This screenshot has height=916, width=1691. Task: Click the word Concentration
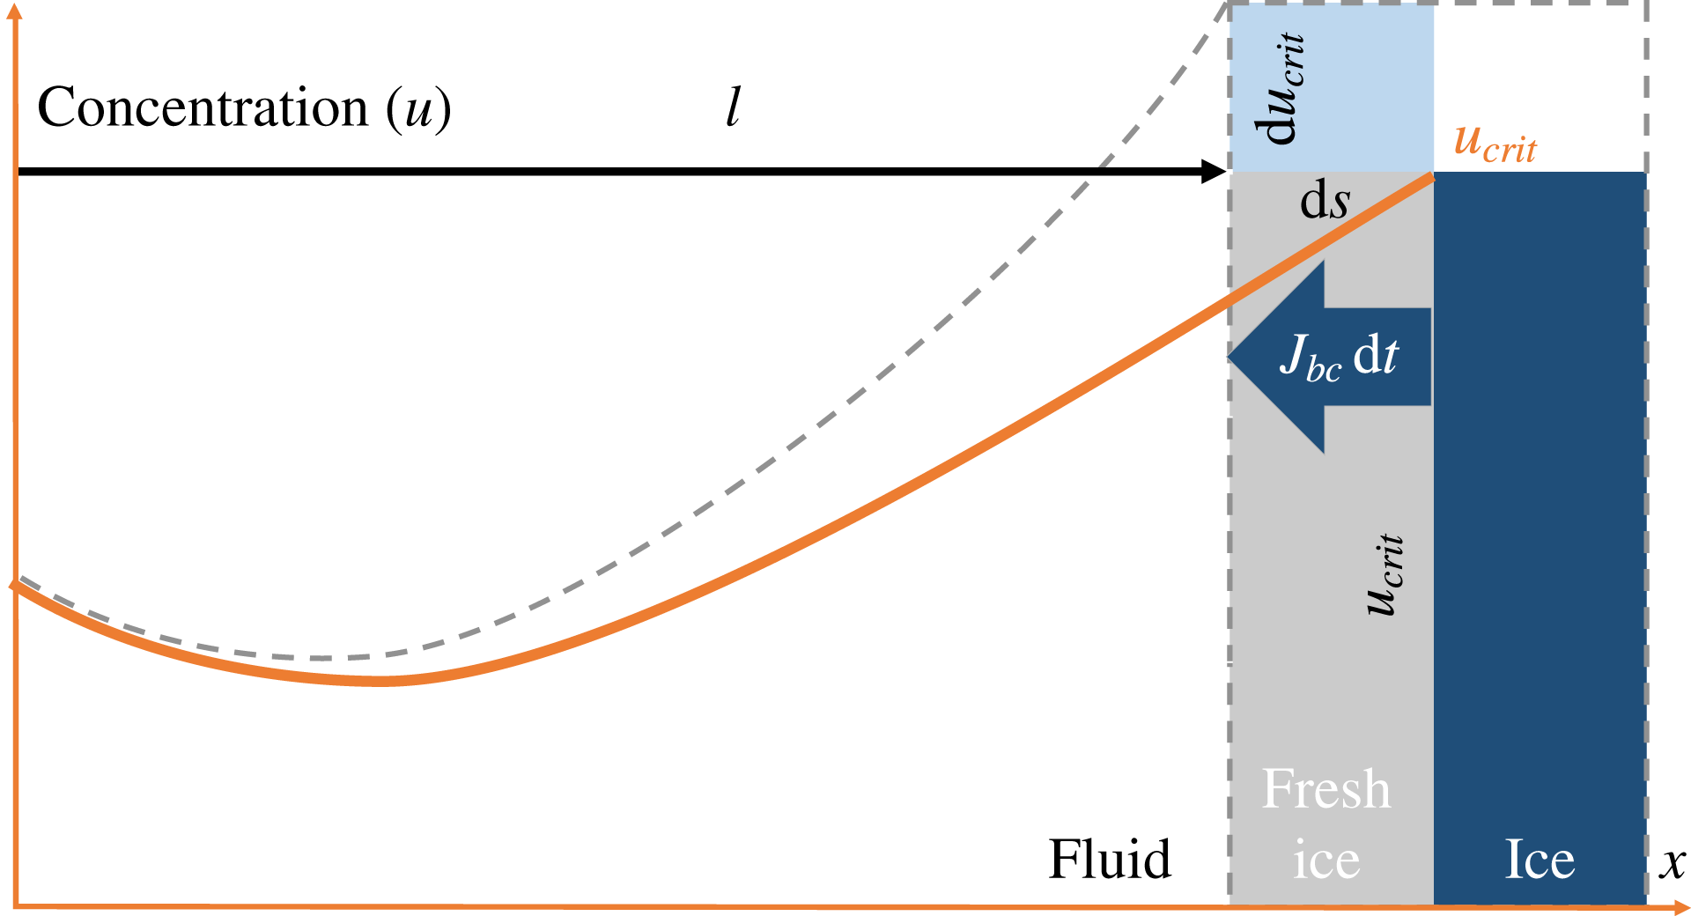tap(203, 108)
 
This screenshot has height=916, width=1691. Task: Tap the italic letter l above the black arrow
tap(733, 107)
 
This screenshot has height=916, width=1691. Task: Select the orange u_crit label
tap(1495, 144)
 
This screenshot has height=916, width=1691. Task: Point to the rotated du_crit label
tap(1280, 88)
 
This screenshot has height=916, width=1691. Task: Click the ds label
tap(1325, 202)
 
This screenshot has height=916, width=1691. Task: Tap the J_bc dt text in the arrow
tap(1339, 357)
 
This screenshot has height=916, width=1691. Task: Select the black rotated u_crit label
tap(1384, 574)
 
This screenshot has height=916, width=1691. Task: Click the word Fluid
tap(1110, 860)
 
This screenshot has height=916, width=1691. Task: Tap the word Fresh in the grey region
tap(1325, 789)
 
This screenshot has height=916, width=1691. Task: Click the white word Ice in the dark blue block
tap(1539, 860)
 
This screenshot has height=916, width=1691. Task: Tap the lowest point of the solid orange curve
tap(380, 681)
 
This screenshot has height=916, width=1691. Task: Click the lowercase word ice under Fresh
tap(1326, 861)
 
